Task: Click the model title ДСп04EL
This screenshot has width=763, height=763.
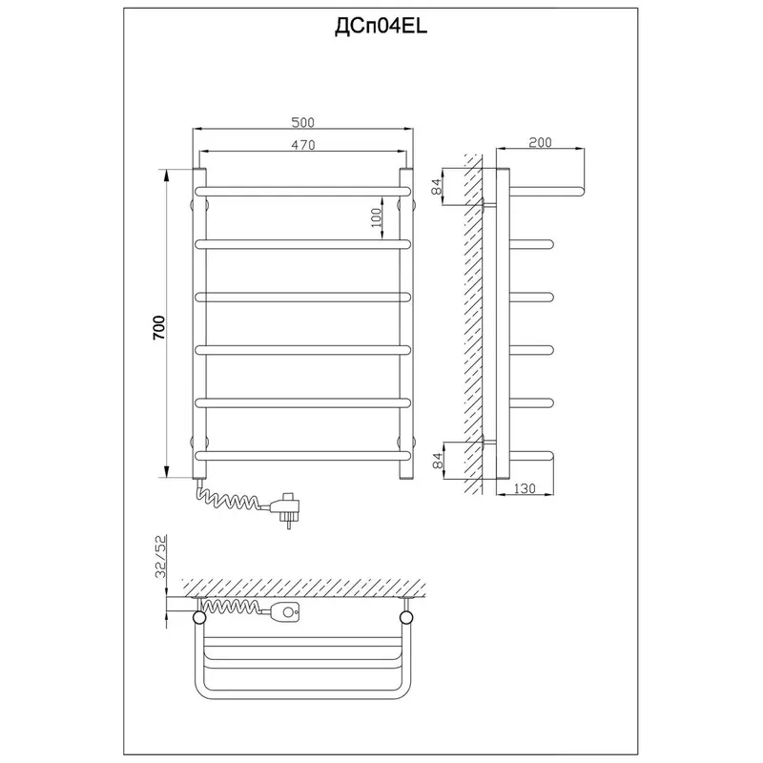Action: pyautogui.click(x=381, y=28)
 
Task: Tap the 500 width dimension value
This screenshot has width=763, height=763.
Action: pyautogui.click(x=302, y=122)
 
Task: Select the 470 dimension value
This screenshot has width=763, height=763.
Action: pyautogui.click(x=303, y=145)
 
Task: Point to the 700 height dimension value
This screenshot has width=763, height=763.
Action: pyautogui.click(x=159, y=327)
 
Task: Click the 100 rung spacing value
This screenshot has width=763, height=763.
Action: pyautogui.click(x=376, y=218)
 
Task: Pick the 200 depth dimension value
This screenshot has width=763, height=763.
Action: pyautogui.click(x=540, y=142)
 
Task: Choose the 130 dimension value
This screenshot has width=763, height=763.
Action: pyautogui.click(x=524, y=488)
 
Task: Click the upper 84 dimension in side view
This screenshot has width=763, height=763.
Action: pyautogui.click(x=437, y=186)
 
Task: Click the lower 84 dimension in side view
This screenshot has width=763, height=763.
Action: pyautogui.click(x=438, y=461)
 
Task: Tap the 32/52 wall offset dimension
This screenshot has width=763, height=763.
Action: pyautogui.click(x=160, y=556)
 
